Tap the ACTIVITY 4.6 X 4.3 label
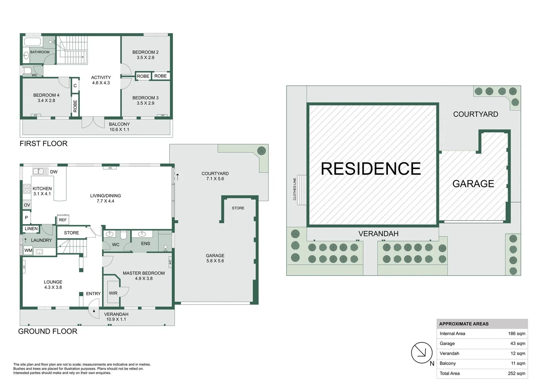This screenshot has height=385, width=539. (101, 80)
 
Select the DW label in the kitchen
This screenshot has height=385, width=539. (54, 172)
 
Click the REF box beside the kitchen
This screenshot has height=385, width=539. (63, 220)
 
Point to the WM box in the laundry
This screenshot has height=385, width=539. (29, 251)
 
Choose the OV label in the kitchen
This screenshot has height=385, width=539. (27, 205)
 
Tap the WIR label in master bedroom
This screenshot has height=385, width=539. (113, 293)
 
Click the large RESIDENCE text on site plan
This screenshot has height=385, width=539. (371, 169)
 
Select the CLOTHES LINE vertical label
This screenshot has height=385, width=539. (295, 189)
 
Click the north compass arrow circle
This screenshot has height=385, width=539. (422, 353)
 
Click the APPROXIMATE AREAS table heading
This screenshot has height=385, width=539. (464, 324)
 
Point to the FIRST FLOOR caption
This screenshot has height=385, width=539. (43, 143)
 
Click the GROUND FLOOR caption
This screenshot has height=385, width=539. (48, 331)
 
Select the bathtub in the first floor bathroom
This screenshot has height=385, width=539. (33, 41)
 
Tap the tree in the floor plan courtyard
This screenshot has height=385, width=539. (261, 150)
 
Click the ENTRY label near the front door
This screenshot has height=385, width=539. (93, 293)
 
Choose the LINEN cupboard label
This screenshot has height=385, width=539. (31, 229)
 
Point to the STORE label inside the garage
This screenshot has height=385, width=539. (238, 208)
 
